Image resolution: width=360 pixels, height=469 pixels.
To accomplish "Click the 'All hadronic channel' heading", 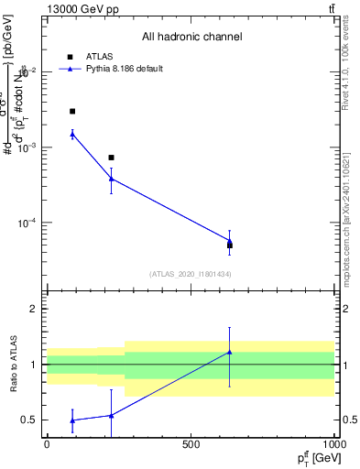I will click(x=191, y=38).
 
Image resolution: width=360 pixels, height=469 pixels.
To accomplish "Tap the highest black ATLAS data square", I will click(x=72, y=111).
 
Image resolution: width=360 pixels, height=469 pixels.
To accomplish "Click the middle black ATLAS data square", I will click(x=111, y=158).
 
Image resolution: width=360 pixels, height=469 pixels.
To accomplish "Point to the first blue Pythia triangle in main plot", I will click(x=72, y=135).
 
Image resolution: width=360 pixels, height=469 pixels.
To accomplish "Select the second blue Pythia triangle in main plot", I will click(x=111, y=179).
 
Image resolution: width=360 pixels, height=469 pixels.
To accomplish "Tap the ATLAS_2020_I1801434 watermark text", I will click(x=190, y=274).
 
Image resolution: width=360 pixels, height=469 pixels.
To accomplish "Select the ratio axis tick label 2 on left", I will click(x=34, y=309).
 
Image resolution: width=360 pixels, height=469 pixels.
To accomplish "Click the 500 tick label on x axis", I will click(x=191, y=444).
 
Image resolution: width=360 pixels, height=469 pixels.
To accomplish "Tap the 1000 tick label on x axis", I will click(x=334, y=444).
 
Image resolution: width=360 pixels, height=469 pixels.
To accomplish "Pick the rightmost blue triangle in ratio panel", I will click(x=230, y=352).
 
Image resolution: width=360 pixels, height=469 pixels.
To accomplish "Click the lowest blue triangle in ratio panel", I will click(x=72, y=420).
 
